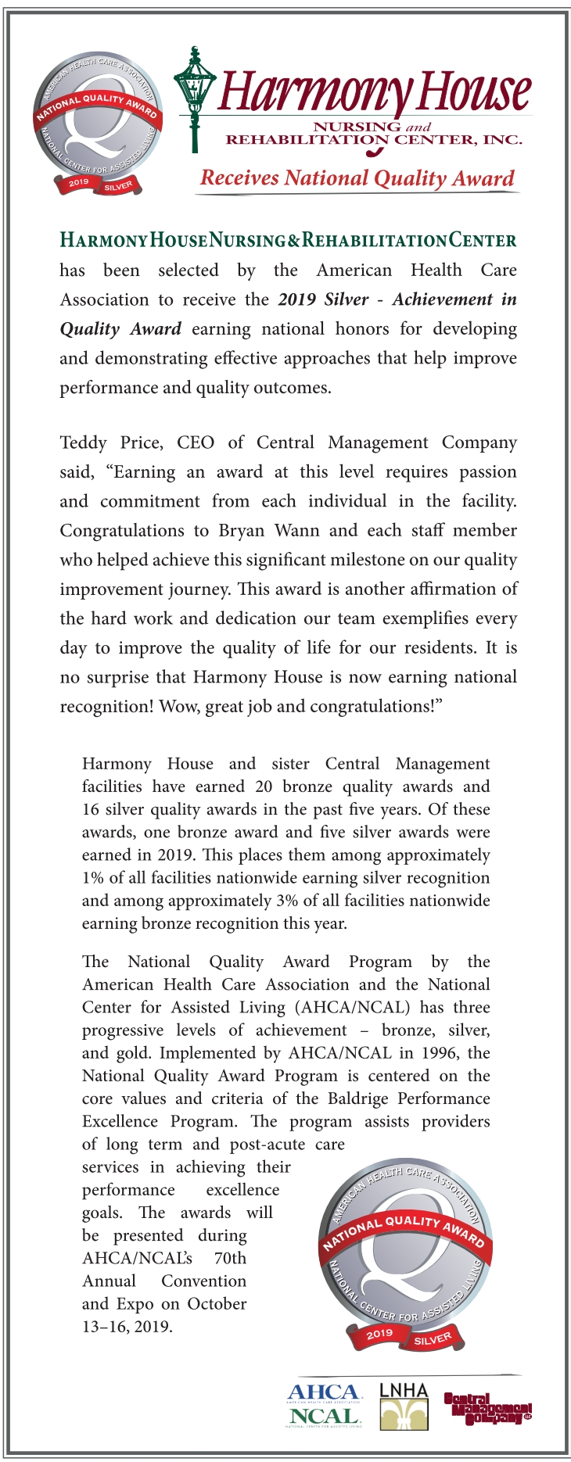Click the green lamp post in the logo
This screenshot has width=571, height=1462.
click(x=194, y=98)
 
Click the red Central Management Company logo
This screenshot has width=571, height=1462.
click(x=488, y=1408)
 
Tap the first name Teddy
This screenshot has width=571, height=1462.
click(x=84, y=443)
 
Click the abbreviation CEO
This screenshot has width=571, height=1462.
click(x=196, y=443)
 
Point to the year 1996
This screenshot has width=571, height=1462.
click(x=440, y=1053)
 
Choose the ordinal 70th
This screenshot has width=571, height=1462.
click(x=230, y=1259)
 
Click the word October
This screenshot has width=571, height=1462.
click(x=217, y=1304)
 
